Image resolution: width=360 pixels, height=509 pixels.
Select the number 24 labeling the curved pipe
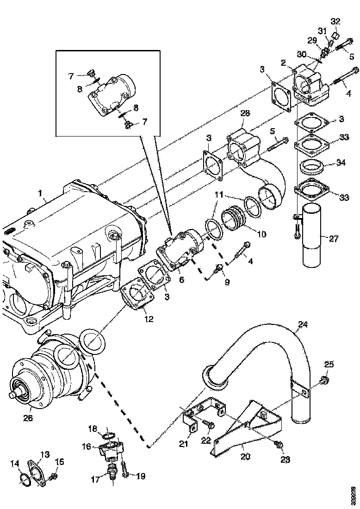point(302,325)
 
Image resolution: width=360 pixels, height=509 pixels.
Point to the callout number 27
point(334,239)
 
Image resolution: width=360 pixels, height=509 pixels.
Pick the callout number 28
point(245,113)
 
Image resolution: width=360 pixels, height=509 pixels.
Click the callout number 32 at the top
point(335,21)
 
